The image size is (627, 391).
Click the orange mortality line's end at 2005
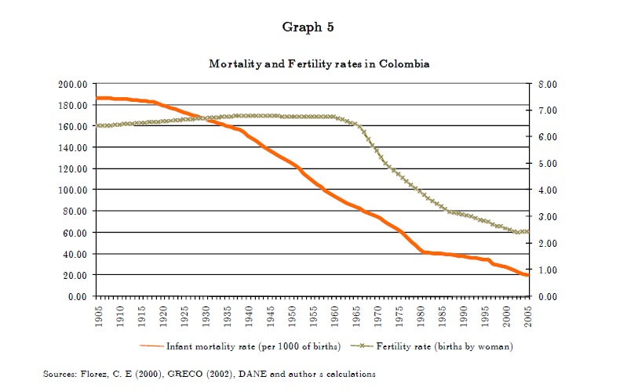tap(529, 275)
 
